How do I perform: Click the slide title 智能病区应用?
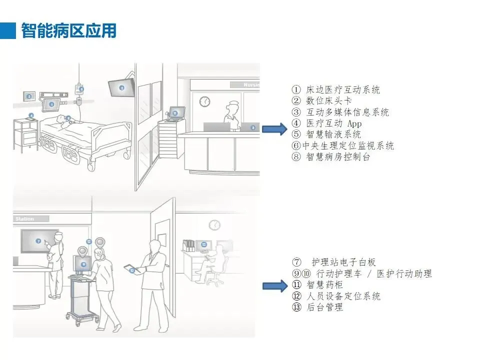point(68,30)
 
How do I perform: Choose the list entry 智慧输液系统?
point(333,134)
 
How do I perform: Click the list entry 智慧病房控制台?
point(337,157)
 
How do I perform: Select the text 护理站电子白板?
point(343,262)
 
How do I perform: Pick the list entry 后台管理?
point(324,307)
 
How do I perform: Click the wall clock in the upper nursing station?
point(204,101)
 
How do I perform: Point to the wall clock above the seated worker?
point(214,225)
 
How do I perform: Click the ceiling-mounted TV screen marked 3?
point(122,87)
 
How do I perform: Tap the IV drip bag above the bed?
point(79,89)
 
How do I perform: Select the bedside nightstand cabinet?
point(25,135)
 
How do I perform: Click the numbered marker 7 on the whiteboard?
point(38,241)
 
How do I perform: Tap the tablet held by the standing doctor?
point(132,269)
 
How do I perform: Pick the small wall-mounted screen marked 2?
point(29,96)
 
